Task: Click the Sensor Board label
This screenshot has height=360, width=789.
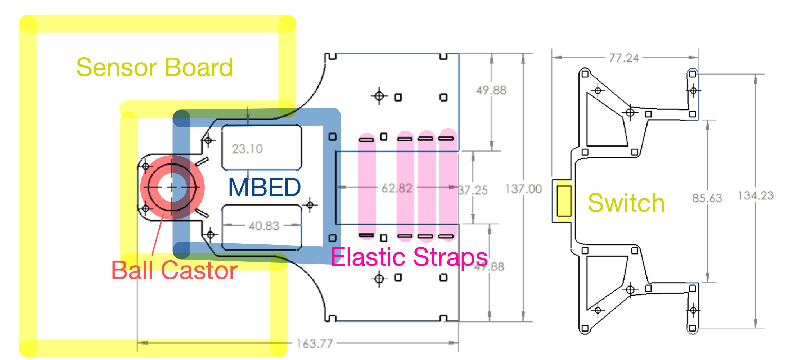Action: (x=155, y=67)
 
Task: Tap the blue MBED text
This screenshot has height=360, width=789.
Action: (x=265, y=188)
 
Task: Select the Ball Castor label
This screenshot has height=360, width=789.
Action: (x=174, y=270)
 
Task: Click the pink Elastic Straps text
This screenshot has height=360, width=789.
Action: (x=409, y=257)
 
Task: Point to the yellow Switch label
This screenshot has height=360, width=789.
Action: (x=626, y=203)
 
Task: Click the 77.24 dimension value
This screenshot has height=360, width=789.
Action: (x=624, y=58)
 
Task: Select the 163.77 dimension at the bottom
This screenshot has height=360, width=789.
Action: (x=315, y=343)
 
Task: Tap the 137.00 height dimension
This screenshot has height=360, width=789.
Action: (x=523, y=189)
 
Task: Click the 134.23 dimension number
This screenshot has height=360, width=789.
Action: (x=756, y=195)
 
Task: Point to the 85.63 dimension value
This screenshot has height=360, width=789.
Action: (x=707, y=198)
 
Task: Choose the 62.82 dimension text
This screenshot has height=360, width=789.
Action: (x=397, y=188)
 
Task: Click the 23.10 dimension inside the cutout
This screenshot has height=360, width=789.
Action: (x=247, y=149)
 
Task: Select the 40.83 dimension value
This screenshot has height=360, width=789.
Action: (x=264, y=226)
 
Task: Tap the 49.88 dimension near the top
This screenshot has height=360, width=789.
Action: (x=491, y=90)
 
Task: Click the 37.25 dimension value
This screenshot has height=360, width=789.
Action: (x=473, y=190)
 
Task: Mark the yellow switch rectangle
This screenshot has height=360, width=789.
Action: (x=564, y=201)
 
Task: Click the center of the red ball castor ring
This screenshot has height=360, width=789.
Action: (x=172, y=187)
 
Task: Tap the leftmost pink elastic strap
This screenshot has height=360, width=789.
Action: (x=367, y=187)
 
